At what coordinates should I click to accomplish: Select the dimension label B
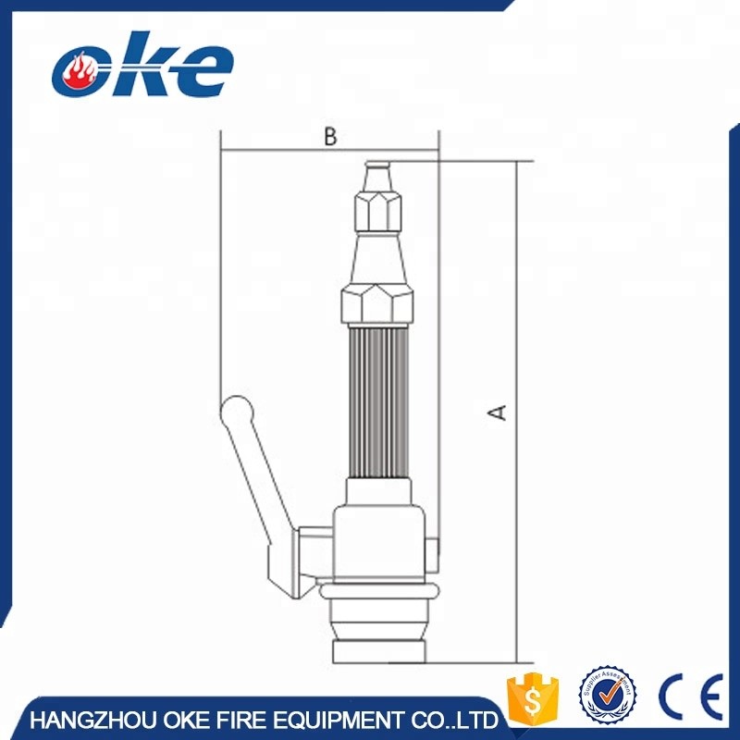(x=330, y=136)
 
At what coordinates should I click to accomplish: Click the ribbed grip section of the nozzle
(x=377, y=398)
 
